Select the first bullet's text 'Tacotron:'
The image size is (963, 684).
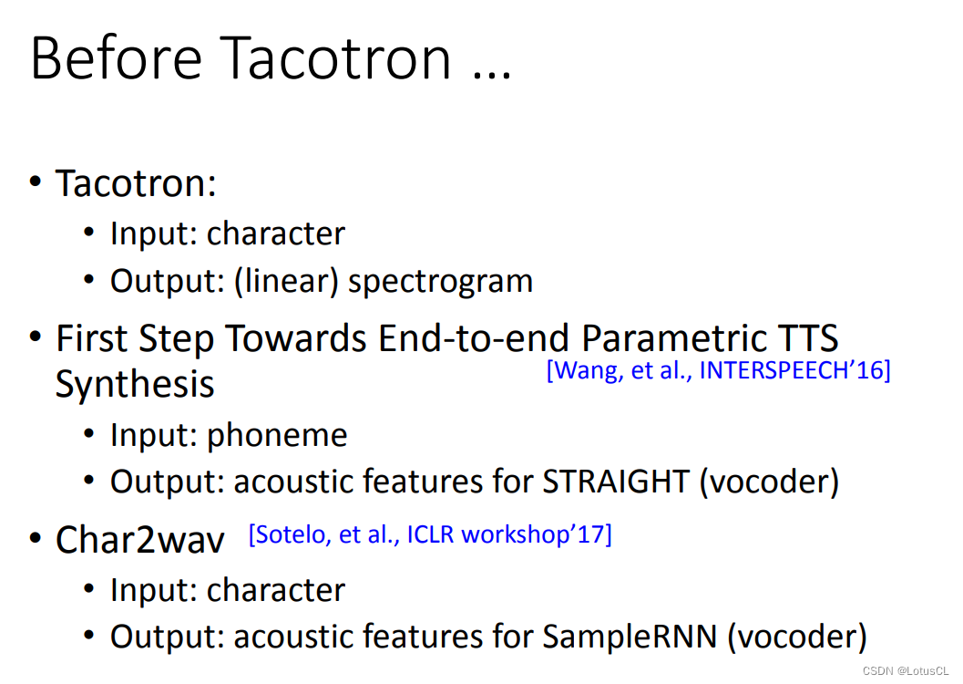(x=136, y=183)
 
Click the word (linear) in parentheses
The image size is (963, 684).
(x=286, y=281)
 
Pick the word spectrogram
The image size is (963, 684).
(x=441, y=283)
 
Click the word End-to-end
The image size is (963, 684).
(x=475, y=338)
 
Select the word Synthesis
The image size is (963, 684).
(x=135, y=385)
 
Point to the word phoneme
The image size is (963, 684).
(x=277, y=436)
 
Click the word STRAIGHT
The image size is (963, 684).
(x=615, y=482)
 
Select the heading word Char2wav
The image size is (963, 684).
(x=139, y=540)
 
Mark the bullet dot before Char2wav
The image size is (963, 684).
(x=36, y=538)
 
